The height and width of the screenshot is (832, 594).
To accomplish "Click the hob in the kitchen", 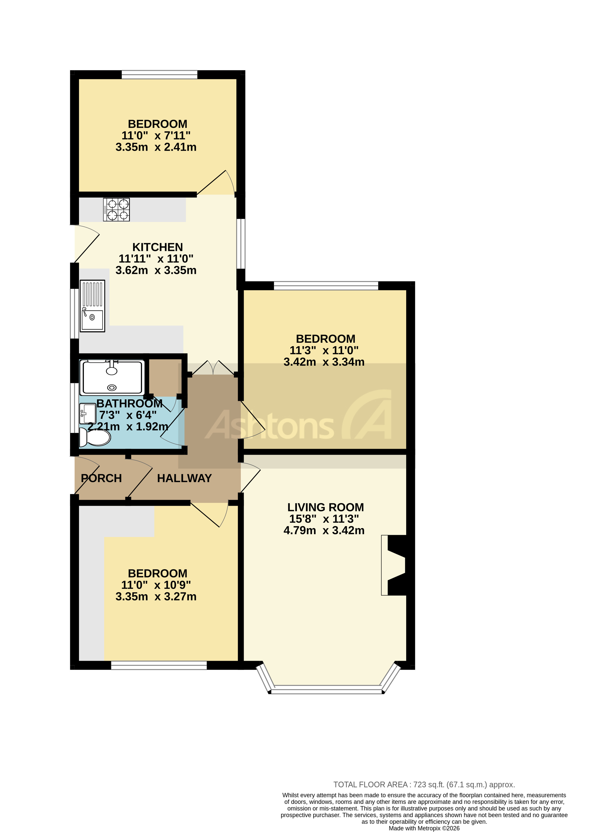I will pos(116,210).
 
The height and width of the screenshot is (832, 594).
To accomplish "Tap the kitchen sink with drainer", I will pos(92,306).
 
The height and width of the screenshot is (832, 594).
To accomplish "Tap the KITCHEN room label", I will pos(157,247).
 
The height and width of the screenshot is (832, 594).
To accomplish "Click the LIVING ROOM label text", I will pos(325,507).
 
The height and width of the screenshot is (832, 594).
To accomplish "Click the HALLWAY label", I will pos(184,478).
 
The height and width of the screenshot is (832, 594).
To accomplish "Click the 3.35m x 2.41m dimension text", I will pos(156,147).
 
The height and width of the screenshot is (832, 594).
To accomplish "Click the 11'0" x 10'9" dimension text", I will pos(156,585).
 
